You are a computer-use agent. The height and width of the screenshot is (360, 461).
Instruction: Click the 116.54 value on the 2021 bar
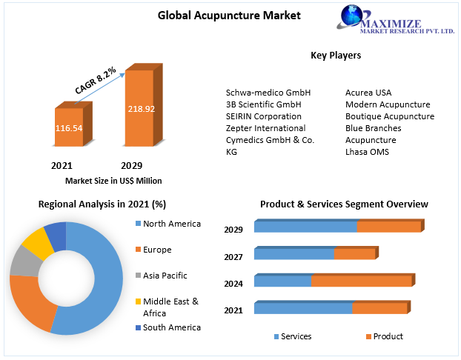[x=69, y=128]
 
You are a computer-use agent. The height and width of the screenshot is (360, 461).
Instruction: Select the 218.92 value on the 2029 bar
[x=141, y=109]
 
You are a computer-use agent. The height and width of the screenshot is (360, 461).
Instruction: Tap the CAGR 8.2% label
[x=96, y=80]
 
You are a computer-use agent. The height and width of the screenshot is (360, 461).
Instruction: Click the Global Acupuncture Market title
[x=229, y=16]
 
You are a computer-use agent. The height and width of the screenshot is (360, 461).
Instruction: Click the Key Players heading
[x=336, y=56]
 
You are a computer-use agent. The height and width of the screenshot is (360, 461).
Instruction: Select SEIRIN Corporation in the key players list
[x=263, y=116]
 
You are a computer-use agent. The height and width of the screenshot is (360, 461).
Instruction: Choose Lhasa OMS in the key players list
[x=367, y=152]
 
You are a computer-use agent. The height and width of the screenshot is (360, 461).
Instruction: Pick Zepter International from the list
[x=265, y=128]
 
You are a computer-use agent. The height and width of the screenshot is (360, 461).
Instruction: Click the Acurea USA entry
[x=368, y=93]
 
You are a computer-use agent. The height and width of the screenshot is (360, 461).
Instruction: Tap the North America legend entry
[x=168, y=224]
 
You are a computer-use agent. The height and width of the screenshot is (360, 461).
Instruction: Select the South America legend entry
[x=168, y=327]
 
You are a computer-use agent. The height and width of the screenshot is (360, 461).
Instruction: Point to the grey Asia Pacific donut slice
[x=26, y=261]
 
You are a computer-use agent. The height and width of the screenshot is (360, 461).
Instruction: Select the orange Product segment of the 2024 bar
[x=362, y=281]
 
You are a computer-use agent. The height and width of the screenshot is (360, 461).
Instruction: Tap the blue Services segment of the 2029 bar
[x=306, y=227]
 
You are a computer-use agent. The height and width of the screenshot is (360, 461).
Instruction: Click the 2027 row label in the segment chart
[x=233, y=257]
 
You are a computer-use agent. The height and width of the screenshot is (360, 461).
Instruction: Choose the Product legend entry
[x=385, y=336]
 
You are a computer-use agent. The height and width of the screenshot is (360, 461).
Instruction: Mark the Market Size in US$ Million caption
[x=113, y=181]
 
